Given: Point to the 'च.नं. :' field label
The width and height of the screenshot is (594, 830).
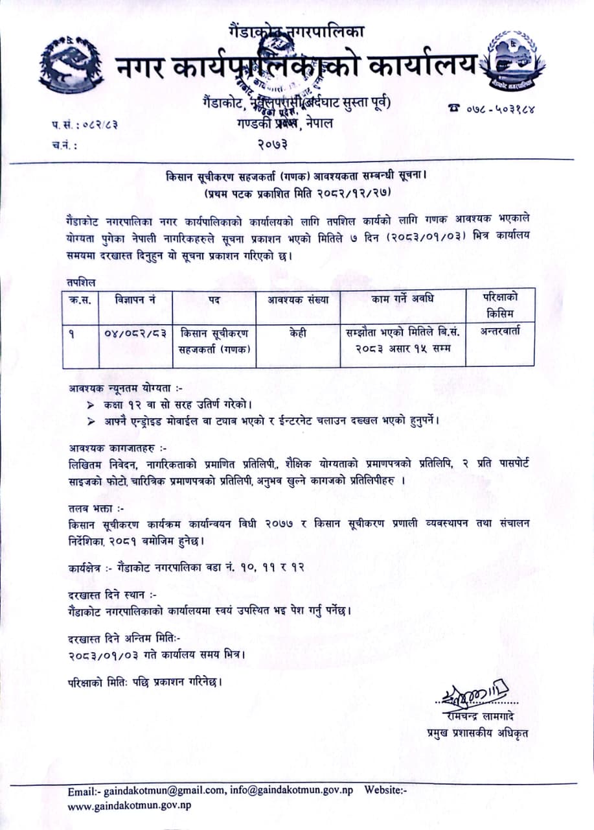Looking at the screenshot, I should click(64, 145).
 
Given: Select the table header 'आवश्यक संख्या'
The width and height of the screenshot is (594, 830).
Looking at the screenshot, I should click(298, 300).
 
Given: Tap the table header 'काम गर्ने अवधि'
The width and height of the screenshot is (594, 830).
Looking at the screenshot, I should click(402, 300).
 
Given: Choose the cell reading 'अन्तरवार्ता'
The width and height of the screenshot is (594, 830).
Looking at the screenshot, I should click(500, 331).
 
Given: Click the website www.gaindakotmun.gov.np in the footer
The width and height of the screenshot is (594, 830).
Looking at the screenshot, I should click(130, 805).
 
